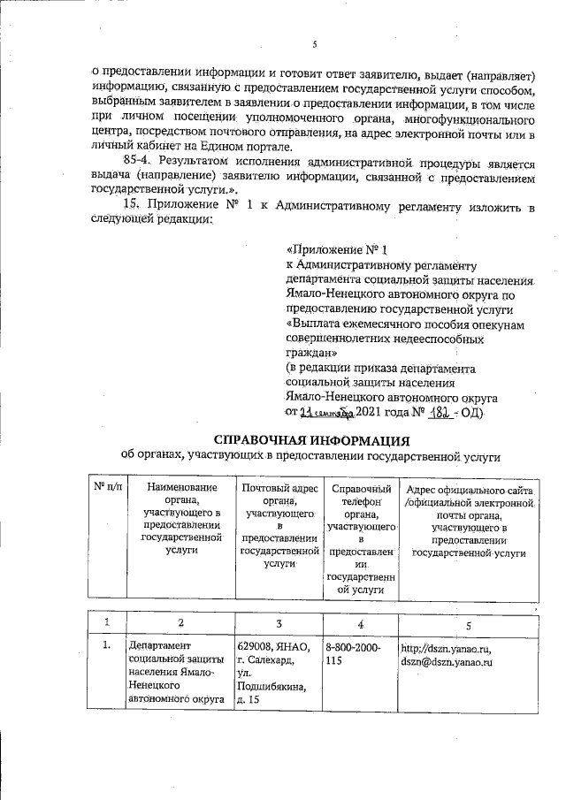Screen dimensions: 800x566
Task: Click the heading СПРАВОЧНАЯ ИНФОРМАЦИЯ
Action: pyautogui.click(x=313, y=439)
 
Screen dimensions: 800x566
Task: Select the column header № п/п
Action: pyautogui.click(x=108, y=487)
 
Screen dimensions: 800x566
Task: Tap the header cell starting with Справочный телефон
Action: pyautogui.click(x=361, y=537)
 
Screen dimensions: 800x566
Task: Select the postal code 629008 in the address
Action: pyautogui.click(x=256, y=648)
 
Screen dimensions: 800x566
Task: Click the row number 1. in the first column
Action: pyautogui.click(x=106, y=648)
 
